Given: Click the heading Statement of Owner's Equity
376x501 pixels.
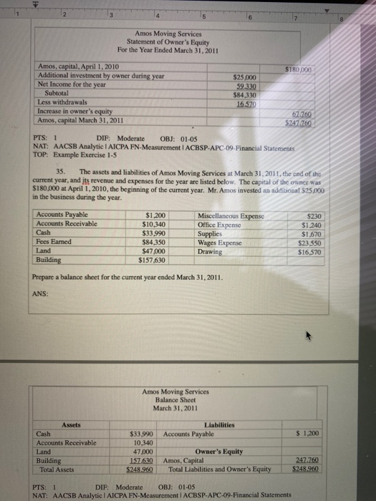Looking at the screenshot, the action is point(171,41).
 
